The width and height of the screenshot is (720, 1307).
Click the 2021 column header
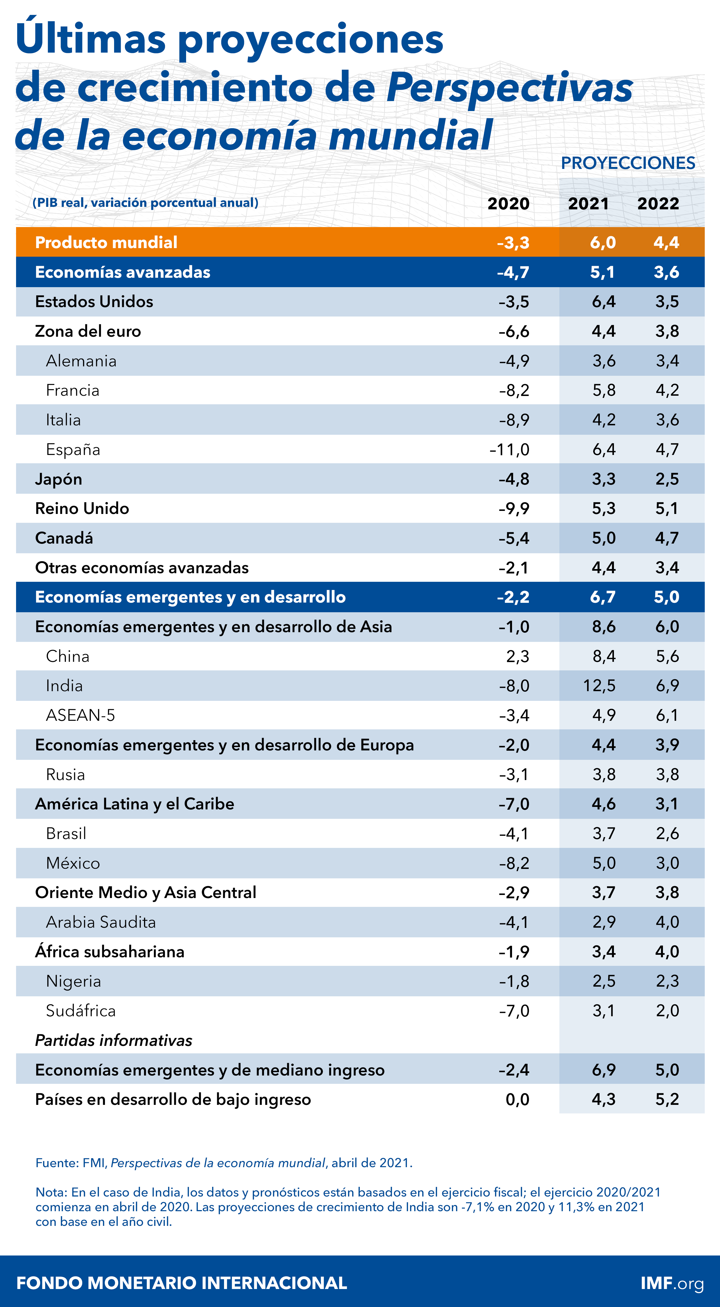point(588,204)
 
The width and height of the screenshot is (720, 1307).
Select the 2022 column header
point(658,204)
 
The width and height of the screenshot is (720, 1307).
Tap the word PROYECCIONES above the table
point(628,163)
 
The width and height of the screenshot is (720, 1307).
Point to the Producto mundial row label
point(106,243)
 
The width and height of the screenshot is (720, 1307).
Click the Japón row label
point(58,479)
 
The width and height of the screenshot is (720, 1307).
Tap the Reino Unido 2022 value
point(667,508)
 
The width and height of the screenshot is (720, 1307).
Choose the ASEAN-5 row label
point(80,716)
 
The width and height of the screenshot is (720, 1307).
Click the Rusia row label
point(65,774)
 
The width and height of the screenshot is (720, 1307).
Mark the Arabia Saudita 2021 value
point(604,922)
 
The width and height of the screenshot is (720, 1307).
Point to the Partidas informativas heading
point(114,1040)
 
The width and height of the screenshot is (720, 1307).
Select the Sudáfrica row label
point(81,1011)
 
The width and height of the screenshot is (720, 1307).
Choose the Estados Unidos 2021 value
point(603,302)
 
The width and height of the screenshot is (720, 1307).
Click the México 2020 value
point(514,863)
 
